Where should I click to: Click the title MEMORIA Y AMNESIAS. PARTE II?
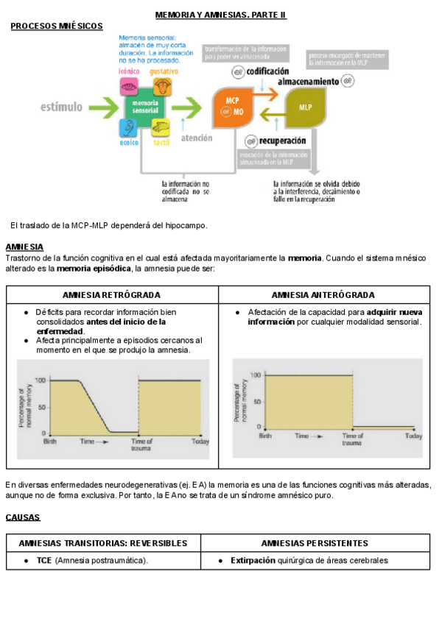(x=220, y=15)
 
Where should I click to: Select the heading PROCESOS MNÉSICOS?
(x=57, y=26)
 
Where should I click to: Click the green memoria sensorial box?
(x=144, y=107)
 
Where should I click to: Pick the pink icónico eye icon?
(x=129, y=87)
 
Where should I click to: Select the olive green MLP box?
(x=304, y=107)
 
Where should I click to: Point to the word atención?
(x=196, y=138)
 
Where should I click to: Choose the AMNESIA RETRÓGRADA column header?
(x=112, y=294)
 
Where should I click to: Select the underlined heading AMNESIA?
(x=24, y=247)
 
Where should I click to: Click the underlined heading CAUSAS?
(x=23, y=517)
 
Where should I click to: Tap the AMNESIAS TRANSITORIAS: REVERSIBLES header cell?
(x=103, y=543)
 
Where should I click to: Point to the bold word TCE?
(x=44, y=561)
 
